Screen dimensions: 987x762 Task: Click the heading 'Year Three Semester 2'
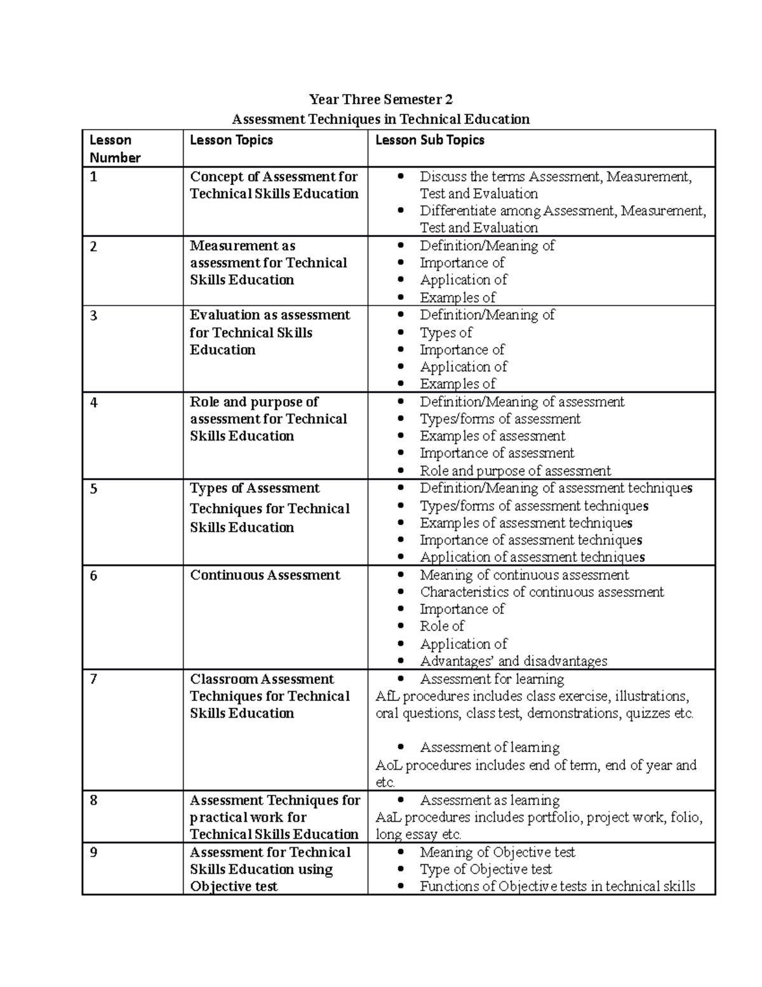coord(380,99)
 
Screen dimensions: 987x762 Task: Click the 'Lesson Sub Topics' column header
coord(430,140)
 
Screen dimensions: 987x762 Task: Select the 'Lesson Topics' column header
coord(231,140)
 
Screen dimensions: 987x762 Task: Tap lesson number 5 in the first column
coord(93,489)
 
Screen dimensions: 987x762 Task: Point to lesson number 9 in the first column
coord(93,852)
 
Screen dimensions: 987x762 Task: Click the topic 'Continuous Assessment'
coord(265,575)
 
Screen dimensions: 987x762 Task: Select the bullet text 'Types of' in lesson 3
coord(446,332)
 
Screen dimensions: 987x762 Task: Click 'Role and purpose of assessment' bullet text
coord(515,471)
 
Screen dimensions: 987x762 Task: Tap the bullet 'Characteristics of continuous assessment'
coord(542,592)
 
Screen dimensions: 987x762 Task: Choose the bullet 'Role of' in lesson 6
coord(442,626)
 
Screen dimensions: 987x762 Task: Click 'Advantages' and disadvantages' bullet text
coord(513,661)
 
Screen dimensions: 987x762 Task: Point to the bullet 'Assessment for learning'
coord(492,679)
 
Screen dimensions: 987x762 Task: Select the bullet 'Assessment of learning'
coord(490,747)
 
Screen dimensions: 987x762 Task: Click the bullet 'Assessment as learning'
coord(490,800)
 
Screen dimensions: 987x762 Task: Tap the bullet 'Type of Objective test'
coord(486,869)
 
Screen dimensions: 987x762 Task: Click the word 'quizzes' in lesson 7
coord(648,713)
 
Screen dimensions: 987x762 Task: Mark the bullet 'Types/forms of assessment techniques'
coord(534,506)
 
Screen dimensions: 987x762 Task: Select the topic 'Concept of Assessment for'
coord(274,177)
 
